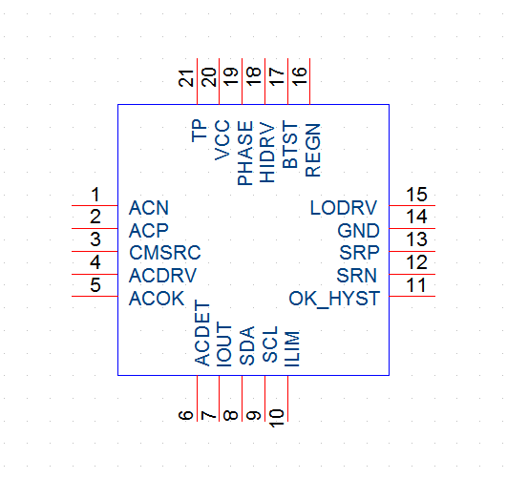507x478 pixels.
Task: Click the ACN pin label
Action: pyautogui.click(x=149, y=208)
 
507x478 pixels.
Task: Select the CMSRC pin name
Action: pyautogui.click(x=165, y=253)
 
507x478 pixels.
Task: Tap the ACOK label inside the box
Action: pyautogui.click(x=157, y=299)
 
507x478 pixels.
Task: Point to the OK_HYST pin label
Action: pyautogui.click(x=334, y=299)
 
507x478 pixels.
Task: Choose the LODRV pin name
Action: pyautogui.click(x=344, y=208)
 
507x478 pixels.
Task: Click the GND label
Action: pyautogui.click(x=358, y=231)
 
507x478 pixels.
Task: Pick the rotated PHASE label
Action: pyautogui.click(x=245, y=153)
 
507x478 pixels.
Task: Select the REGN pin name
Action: pyautogui.click(x=313, y=150)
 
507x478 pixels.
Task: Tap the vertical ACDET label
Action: pyautogui.click(x=202, y=333)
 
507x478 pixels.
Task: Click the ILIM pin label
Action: pyautogui.click(x=292, y=348)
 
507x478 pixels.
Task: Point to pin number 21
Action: pyautogui.click(x=186, y=78)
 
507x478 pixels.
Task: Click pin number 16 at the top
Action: pyautogui.click(x=300, y=76)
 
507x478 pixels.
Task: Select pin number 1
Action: pyautogui.click(x=95, y=195)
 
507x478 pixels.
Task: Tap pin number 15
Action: pyautogui.click(x=417, y=195)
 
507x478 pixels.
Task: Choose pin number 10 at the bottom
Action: pyautogui.click(x=277, y=418)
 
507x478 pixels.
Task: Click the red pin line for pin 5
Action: pyautogui.click(x=95, y=296)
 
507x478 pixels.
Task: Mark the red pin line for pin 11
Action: pyautogui.click(x=412, y=296)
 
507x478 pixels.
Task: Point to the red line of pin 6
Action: pyautogui.click(x=197, y=399)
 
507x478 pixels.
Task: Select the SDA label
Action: pyautogui.click(x=247, y=345)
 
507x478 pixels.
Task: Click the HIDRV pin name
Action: pyautogui.click(x=267, y=153)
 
